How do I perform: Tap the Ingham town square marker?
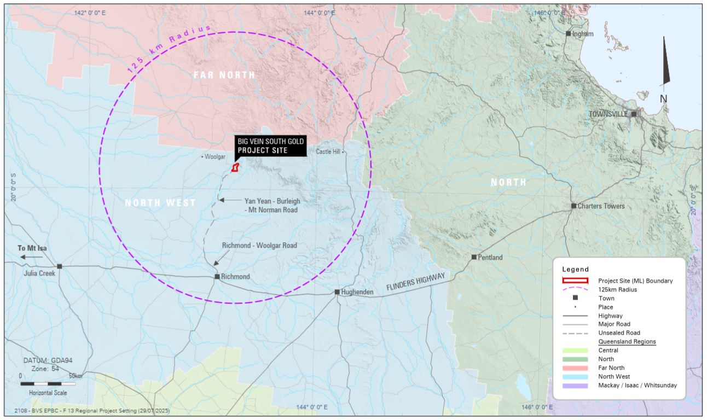[568, 33]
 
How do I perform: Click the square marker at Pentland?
[474, 257]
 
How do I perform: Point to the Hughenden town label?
[357, 292]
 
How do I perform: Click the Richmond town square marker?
[217, 277]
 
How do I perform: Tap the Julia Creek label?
[39, 273]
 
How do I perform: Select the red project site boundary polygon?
[235, 167]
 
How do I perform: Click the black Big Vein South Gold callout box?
[269, 146]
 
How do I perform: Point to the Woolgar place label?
[215, 157]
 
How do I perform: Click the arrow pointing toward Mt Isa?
[32, 256]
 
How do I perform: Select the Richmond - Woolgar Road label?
[259, 246]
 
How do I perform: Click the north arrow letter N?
[663, 99]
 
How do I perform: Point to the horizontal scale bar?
[48, 383]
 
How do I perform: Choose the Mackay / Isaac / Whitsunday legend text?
[638, 385]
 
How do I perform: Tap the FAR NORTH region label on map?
[224, 75]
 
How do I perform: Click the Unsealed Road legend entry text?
[619, 332]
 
